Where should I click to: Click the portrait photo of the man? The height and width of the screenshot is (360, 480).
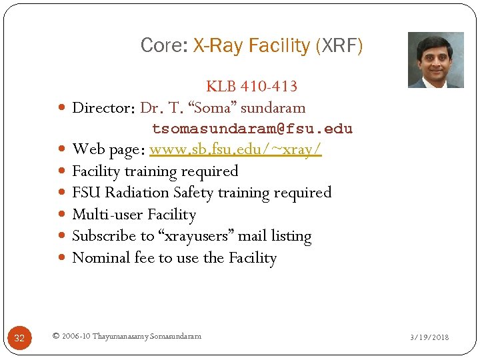pyautogui.click(x=435, y=60)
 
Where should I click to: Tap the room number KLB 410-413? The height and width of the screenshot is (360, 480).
pyautogui.click(x=251, y=86)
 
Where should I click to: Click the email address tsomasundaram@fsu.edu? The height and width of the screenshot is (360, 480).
pyautogui.click(x=252, y=129)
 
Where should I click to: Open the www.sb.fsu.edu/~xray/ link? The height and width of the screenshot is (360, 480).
pyautogui.click(x=235, y=149)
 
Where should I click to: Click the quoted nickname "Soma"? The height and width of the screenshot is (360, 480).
pyautogui.click(x=212, y=107)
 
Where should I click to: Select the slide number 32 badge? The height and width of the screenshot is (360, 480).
pyautogui.click(x=19, y=338)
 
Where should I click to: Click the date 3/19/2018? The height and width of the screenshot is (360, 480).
pyautogui.click(x=429, y=337)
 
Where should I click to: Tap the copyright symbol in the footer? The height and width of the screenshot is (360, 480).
pyautogui.click(x=55, y=337)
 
